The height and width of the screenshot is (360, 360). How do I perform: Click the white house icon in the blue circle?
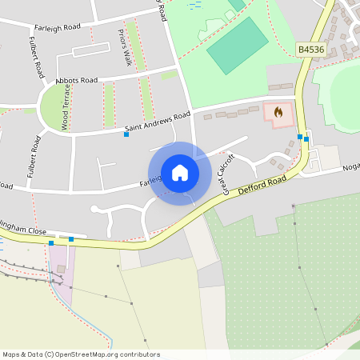180,173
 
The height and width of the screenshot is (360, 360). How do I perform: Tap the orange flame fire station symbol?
278,112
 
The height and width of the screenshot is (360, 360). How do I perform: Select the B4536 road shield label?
312,50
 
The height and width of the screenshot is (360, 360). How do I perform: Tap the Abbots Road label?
77,81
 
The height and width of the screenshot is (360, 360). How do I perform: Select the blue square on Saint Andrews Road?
126,134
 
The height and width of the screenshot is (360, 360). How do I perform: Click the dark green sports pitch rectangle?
238,45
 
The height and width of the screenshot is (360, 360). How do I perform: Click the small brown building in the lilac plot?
60,268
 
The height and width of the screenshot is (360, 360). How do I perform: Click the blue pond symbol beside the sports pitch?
194,4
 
